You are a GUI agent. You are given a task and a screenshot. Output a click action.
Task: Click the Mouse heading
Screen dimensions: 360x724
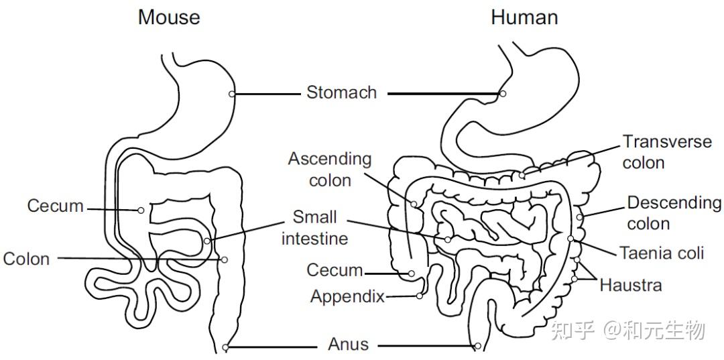coord(169,17)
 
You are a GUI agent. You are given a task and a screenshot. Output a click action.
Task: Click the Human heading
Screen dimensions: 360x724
coord(524,17)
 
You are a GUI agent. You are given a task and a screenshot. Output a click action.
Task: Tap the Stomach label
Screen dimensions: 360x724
coord(341,93)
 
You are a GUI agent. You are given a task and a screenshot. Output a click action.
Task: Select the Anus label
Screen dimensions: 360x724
coord(348,345)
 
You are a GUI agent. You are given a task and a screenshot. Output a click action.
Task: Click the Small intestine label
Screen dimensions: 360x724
coord(314,228)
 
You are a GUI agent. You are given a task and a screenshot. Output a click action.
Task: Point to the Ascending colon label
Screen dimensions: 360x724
coord(329,169)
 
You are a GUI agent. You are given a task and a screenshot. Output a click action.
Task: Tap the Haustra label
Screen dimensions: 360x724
coord(630,285)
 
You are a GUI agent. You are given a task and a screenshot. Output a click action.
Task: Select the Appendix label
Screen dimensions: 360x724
coord(347,296)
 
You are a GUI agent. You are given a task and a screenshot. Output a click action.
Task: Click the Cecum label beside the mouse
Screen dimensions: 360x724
coord(56,206)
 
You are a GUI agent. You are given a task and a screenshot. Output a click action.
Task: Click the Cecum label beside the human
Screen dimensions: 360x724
coord(335,270)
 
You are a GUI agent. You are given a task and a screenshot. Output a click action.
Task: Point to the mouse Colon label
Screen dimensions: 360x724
coord(27,259)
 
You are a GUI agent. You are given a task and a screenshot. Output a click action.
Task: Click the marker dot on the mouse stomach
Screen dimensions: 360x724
coord(232,94)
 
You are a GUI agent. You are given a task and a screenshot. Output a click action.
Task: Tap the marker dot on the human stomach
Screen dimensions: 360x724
coord(503,94)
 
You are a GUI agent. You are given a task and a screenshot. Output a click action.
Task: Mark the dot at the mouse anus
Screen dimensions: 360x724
coord(225,347)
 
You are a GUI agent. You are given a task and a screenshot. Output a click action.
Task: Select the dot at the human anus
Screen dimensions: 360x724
coord(477,347)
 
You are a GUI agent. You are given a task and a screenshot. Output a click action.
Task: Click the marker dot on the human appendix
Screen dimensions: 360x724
coord(420,296)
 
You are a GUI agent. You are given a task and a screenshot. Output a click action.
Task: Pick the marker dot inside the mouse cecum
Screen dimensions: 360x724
coord(141,211)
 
